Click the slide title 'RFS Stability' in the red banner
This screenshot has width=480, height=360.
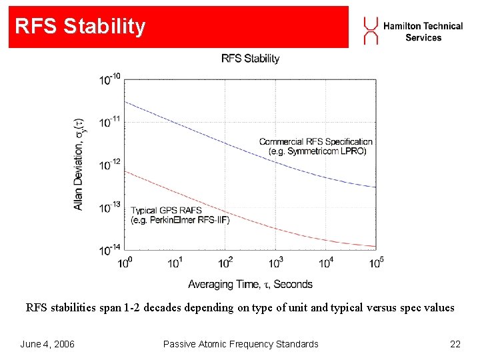(x=80, y=27)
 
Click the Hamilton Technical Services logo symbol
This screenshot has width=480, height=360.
(x=371, y=31)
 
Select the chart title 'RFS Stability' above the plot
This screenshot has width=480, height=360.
(x=250, y=59)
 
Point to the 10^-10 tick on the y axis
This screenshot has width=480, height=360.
(x=110, y=79)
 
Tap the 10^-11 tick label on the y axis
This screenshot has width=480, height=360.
(x=110, y=122)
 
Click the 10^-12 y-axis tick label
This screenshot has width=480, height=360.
(x=110, y=165)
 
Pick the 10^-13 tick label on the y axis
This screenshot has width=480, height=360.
(x=110, y=207)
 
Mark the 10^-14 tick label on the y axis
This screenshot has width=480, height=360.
(x=110, y=250)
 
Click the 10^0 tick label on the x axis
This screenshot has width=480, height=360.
(x=125, y=263)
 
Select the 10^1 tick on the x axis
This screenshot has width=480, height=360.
(x=175, y=263)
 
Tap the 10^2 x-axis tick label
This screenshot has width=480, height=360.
(x=225, y=263)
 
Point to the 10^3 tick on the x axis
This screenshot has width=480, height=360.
(x=275, y=263)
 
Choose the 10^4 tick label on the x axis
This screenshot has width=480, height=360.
(x=326, y=263)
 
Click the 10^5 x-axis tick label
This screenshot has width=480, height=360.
(x=376, y=263)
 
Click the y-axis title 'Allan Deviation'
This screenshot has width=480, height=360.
(x=79, y=164)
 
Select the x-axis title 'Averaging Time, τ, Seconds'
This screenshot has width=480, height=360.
(x=250, y=285)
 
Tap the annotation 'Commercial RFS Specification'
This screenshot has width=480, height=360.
(x=315, y=141)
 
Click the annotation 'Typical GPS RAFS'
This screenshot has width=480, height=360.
(x=167, y=211)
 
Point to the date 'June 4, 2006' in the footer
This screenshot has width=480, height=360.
(x=47, y=344)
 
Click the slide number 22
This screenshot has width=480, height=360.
(x=455, y=344)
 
